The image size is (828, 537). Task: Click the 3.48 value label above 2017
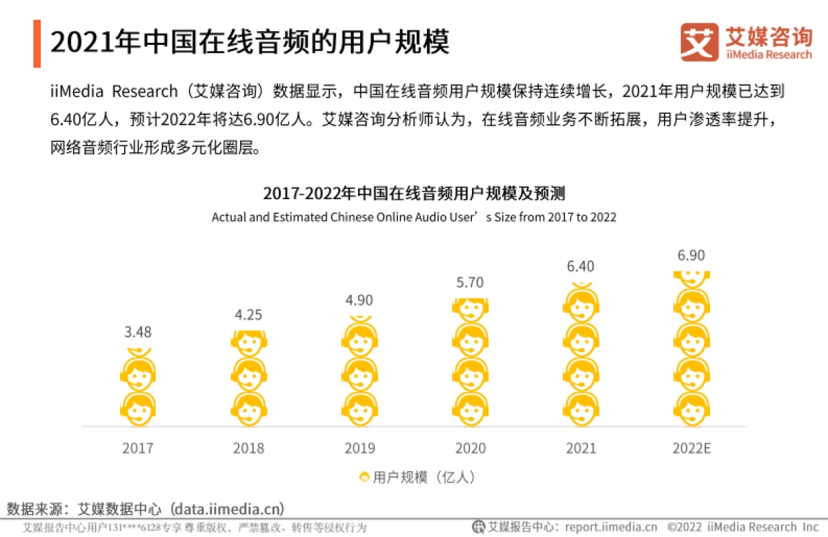click(138, 332)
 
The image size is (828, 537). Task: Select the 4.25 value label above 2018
click(248, 315)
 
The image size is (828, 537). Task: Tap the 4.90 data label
click(359, 300)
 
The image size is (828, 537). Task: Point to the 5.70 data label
click(470, 283)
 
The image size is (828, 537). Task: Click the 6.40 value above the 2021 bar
click(580, 266)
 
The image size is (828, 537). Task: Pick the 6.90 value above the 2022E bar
click(691, 256)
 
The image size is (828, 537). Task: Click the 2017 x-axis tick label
click(138, 448)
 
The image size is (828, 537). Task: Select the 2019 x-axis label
click(359, 448)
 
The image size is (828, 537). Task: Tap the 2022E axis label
click(691, 448)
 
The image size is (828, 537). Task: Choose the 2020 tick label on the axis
click(470, 448)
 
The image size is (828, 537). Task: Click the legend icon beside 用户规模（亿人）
click(364, 477)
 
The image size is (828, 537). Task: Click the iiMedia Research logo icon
click(699, 42)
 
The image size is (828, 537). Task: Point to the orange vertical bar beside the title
click(37, 43)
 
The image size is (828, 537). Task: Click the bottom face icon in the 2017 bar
click(138, 409)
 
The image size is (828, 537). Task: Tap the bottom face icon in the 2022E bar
click(691, 409)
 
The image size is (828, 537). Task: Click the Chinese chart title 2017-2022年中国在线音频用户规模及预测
click(414, 192)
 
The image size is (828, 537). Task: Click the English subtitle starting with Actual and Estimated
click(414, 217)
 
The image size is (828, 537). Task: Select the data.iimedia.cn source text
click(228, 509)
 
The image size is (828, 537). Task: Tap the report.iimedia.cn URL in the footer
click(611, 527)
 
